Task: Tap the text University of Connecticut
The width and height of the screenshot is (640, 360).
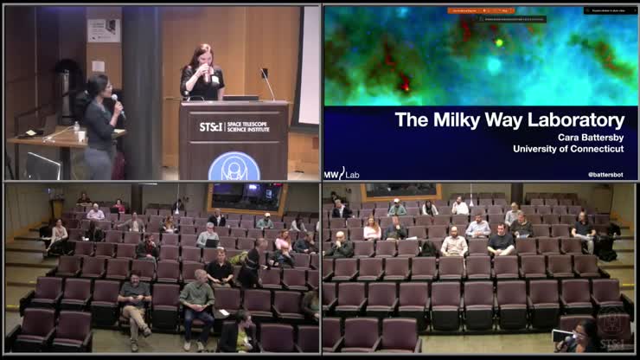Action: click(x=568, y=149)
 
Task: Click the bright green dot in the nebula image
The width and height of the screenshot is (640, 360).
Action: click(x=499, y=42)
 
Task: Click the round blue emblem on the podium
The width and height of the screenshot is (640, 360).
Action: click(x=234, y=165)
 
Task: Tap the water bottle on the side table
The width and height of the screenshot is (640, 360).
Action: click(x=76, y=130)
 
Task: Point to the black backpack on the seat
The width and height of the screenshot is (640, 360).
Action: click(x=426, y=249)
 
